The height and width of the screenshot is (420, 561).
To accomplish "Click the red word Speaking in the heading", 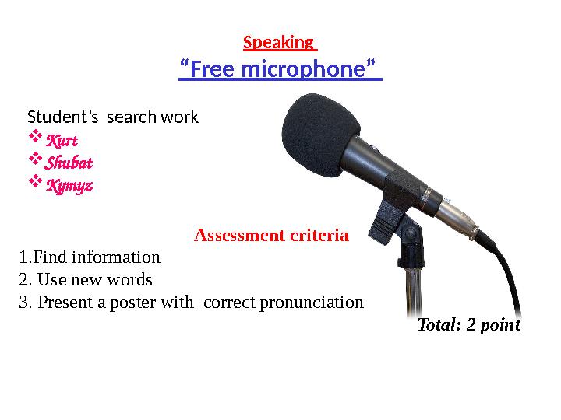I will coord(277,42).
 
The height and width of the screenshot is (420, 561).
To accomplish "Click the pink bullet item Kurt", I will coord(62,141).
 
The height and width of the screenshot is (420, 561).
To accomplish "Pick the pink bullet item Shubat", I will coord(69,163).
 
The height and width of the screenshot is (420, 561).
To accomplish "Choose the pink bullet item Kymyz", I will coord(69,186).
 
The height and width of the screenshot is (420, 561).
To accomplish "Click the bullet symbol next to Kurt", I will coord(34,140).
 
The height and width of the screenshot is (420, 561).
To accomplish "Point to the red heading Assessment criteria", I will coord(271,235).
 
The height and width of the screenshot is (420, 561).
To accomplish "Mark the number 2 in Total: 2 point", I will coord(471,325).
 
